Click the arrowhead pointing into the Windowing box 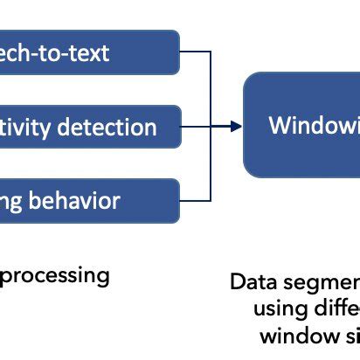[x=238, y=127]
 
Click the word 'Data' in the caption [x=251, y=283]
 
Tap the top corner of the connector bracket [x=211, y=52]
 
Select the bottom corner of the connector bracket [x=211, y=200]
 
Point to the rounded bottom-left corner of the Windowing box [x=249, y=172]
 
